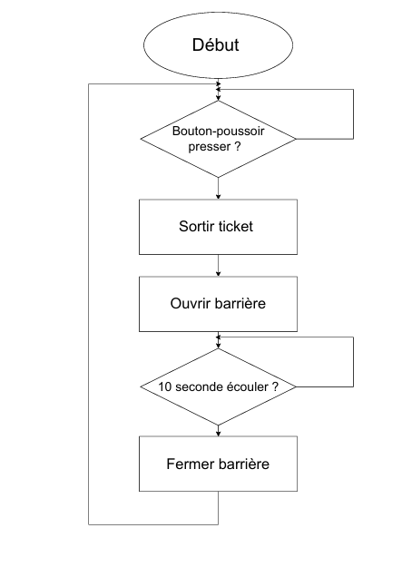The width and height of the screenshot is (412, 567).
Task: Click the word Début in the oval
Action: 216,44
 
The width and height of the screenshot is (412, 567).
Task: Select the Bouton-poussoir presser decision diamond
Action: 218,139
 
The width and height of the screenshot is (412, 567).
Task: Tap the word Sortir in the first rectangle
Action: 196,227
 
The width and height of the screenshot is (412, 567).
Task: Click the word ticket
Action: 235,227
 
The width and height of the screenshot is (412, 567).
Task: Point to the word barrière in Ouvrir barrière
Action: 240,303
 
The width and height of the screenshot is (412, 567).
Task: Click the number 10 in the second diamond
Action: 164,386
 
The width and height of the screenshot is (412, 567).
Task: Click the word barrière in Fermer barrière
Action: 243,464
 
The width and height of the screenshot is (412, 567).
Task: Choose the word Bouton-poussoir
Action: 218,131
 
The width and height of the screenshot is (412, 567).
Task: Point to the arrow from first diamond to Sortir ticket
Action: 218,189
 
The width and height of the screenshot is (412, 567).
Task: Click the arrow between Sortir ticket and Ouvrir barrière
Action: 218,266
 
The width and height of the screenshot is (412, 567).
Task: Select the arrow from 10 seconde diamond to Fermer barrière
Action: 218,431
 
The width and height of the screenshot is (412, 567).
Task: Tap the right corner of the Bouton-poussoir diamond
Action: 296,139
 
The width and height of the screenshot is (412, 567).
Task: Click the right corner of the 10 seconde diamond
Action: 296,386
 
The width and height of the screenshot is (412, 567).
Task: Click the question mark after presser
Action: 237,146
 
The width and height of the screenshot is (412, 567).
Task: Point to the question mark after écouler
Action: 275,386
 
